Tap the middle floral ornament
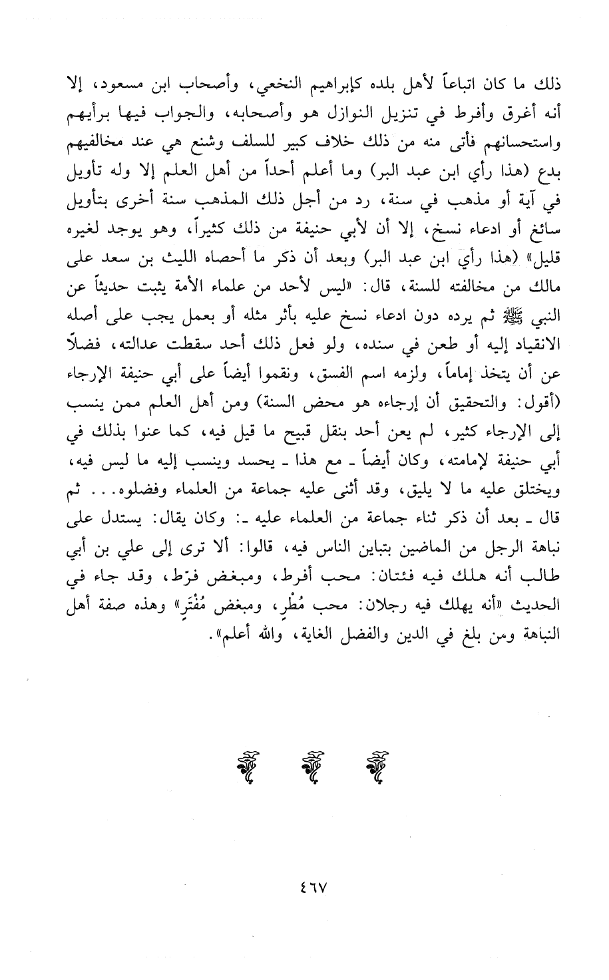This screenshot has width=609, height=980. [x=305, y=770]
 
